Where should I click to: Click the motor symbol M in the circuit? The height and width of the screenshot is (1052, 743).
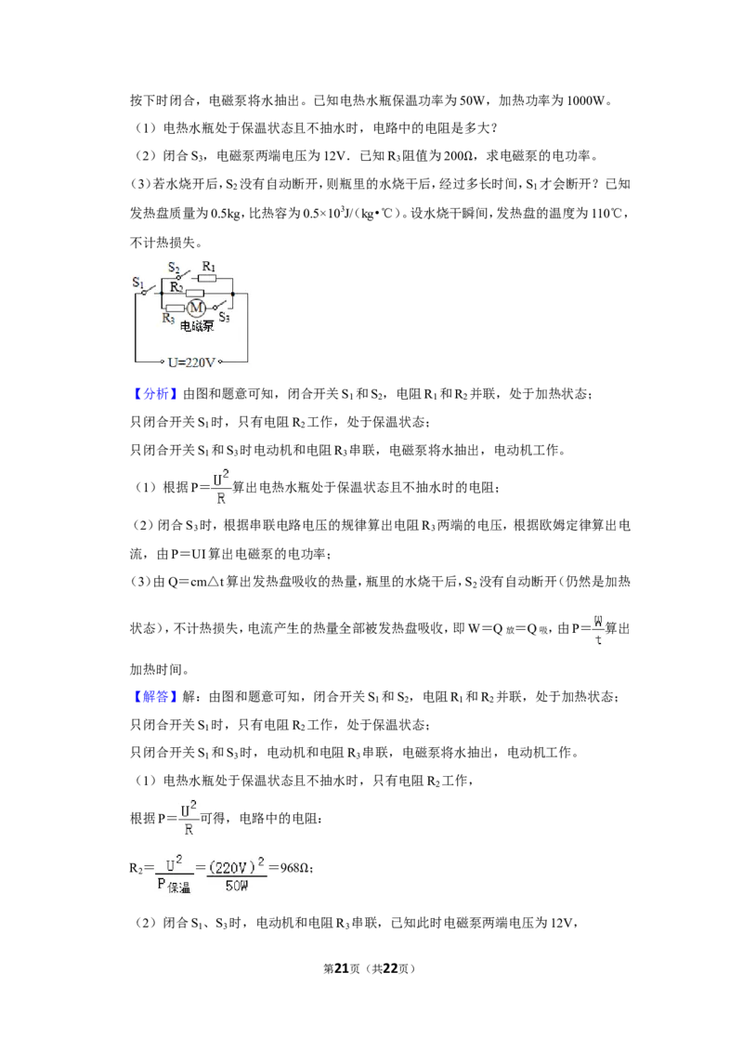[196, 308]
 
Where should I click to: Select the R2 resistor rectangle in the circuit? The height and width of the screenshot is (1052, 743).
[195, 293]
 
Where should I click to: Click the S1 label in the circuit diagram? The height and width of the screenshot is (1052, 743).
[138, 283]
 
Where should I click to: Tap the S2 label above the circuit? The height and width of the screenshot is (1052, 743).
[174, 268]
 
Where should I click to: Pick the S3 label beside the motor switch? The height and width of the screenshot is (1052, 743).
[225, 317]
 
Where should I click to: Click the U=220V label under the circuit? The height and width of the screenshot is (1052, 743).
[191, 362]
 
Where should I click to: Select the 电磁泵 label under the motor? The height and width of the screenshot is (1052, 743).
[197, 326]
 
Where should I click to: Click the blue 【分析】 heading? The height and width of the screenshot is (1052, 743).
[154, 394]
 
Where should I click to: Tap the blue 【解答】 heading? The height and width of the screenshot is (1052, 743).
[154, 696]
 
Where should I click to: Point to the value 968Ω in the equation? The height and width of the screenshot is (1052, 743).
[294, 867]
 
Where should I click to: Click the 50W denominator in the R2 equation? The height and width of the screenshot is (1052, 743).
[237, 886]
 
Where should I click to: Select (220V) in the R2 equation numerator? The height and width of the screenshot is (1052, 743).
[233, 867]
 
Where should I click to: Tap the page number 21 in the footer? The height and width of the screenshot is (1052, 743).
[342, 968]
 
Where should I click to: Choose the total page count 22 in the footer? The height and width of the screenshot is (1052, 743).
[391, 968]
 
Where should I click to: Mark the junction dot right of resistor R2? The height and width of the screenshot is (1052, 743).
[233, 293]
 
